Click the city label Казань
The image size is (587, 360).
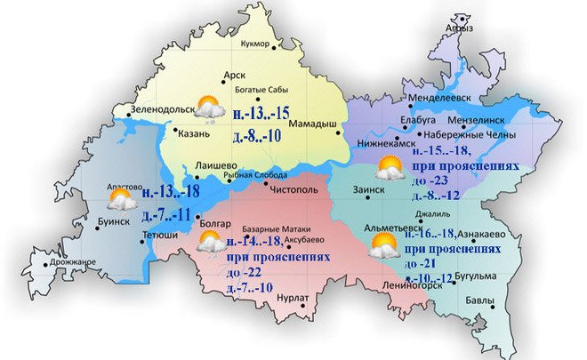coord(194,134)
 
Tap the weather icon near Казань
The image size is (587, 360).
coord(210,108)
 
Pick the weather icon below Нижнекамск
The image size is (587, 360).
coord(388,167)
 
